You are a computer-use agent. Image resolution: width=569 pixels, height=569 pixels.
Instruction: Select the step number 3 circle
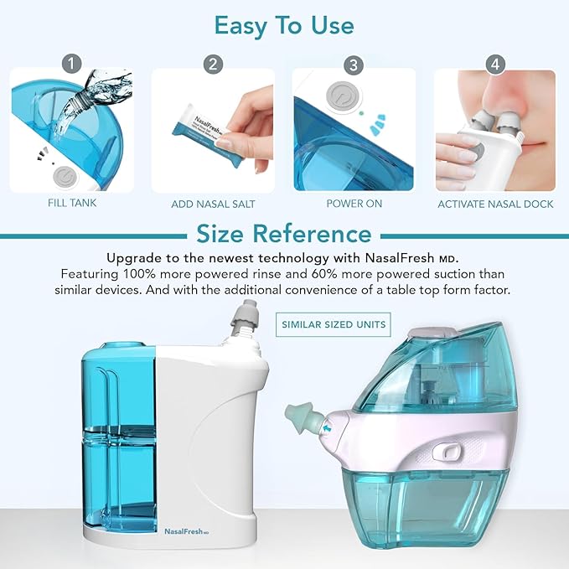click(x=354, y=63)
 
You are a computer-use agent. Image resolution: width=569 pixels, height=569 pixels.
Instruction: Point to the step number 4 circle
click(x=495, y=63)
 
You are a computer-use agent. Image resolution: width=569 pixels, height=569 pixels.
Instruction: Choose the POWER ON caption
click(x=354, y=204)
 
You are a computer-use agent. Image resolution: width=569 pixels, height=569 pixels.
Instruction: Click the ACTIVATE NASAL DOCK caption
click(x=495, y=204)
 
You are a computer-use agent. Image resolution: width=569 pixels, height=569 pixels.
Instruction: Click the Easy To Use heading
click(x=284, y=25)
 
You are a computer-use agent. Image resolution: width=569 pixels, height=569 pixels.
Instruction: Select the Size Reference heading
click(x=283, y=233)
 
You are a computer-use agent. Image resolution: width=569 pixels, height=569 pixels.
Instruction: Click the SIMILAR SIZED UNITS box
click(x=334, y=323)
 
